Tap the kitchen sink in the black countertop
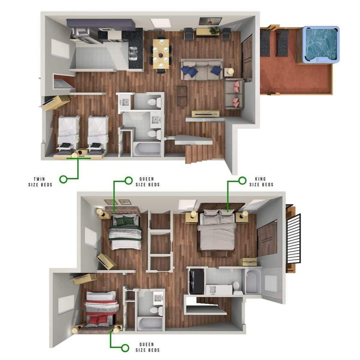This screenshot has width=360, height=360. click(x=133, y=54)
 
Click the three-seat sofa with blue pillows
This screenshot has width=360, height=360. click(x=202, y=70)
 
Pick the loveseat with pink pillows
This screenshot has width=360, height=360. click(x=234, y=94)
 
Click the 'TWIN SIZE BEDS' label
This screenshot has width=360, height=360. click(x=40, y=182)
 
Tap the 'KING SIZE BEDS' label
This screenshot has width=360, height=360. click(x=261, y=181)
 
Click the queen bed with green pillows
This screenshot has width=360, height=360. click(x=126, y=232)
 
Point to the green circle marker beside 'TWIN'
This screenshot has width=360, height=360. click(x=63, y=179)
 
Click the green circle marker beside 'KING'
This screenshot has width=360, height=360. click(x=242, y=181)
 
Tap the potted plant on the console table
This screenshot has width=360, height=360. click(x=214, y=30)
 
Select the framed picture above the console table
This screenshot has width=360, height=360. click(x=210, y=21)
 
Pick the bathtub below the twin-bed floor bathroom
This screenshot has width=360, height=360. click(x=147, y=149)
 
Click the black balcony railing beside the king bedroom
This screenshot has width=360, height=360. click(x=293, y=239)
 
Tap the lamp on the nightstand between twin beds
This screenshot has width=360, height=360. click(x=74, y=155)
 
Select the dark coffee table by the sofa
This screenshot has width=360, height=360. click(x=182, y=96)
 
